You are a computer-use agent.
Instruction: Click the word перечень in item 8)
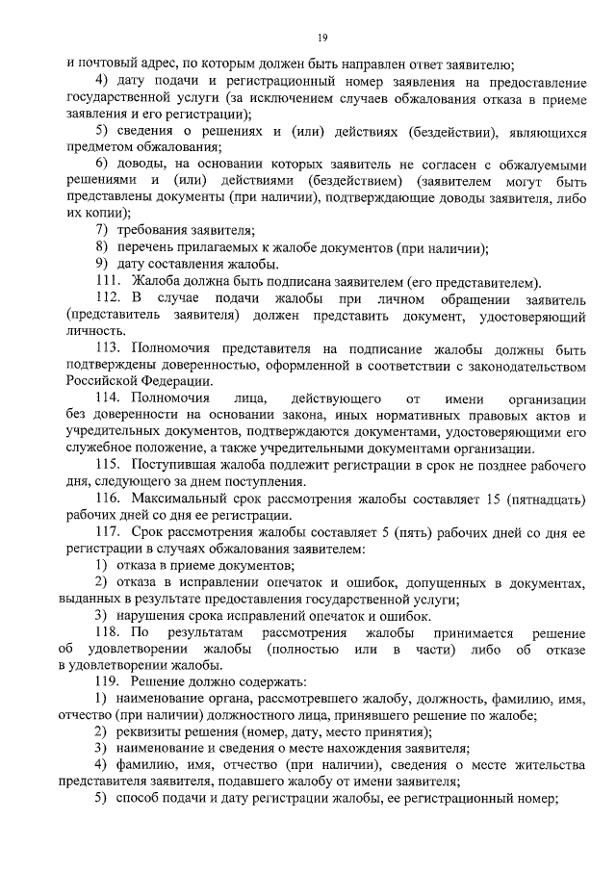145,247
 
